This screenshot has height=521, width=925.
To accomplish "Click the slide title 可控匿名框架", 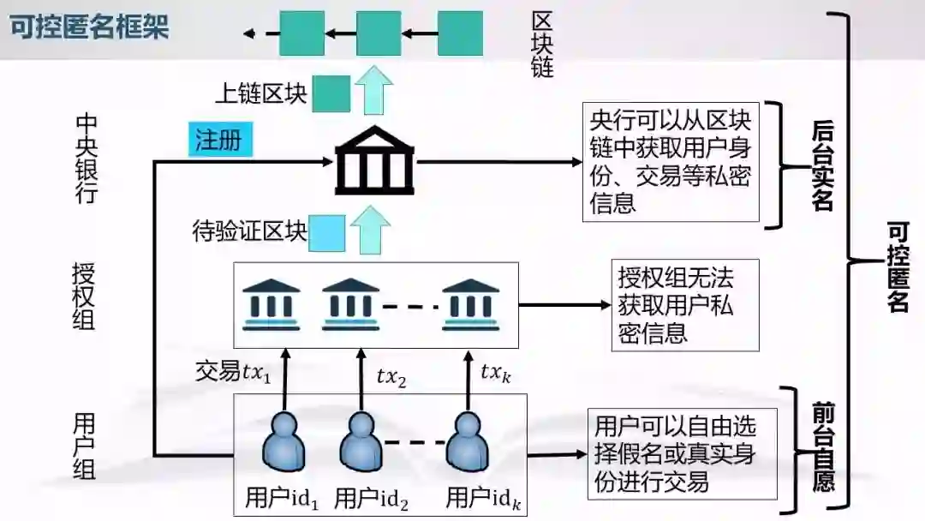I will tap(89, 27).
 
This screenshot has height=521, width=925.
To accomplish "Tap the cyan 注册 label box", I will tap(220, 140).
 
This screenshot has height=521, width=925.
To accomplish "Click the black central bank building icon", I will tap(374, 161).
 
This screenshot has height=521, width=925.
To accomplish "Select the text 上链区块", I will tap(260, 93).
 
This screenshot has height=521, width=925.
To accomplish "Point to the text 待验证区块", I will tap(249, 231).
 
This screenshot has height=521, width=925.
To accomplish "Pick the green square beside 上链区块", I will tap(331, 93).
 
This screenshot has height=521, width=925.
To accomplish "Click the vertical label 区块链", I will tap(542, 45).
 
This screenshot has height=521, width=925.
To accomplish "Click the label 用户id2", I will tap(371, 498).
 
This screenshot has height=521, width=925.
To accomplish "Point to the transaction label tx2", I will tap(391, 375).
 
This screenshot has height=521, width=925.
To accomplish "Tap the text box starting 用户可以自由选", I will tap(682, 454).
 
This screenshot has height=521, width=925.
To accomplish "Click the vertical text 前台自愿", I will tap(823, 448).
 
